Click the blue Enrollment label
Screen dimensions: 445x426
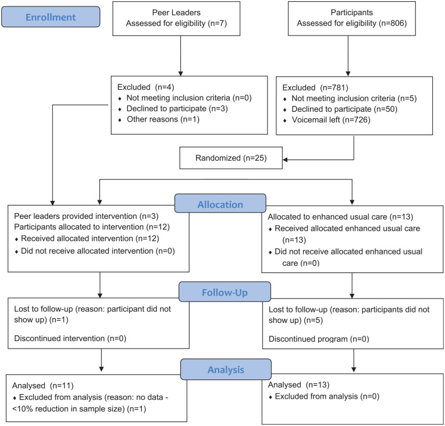tap(51, 17)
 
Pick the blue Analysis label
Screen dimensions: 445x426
tap(226, 369)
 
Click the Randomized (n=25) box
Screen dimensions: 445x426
tap(231, 158)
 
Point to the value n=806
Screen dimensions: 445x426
tap(393, 23)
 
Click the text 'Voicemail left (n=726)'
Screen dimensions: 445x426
tap(331, 120)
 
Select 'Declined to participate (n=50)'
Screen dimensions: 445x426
tap(344, 109)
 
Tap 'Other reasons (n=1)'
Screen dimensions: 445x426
tap(163, 119)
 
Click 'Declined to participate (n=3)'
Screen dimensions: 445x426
tap(177, 108)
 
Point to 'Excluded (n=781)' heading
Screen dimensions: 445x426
tap(315, 87)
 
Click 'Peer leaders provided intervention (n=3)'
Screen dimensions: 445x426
tap(86, 216)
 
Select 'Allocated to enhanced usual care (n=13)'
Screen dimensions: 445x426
tap(340, 216)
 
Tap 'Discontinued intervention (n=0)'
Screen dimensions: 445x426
tap(70, 338)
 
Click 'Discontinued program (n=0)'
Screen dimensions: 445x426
tap(319, 339)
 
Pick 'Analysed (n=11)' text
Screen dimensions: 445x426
tap(43, 385)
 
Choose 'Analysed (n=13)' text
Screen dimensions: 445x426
tap(299, 385)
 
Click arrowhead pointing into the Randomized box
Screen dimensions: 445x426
tap(285, 159)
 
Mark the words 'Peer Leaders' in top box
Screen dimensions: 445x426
tap(176, 12)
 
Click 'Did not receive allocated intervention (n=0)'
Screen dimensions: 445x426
tap(98, 251)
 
